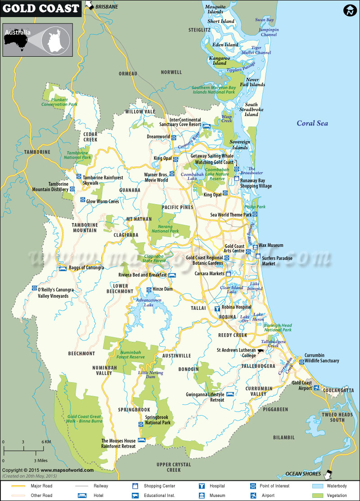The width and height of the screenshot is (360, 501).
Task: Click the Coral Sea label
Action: (312, 123)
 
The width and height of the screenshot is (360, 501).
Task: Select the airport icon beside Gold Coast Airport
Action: (317, 388)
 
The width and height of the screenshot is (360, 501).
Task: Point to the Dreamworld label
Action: (158, 137)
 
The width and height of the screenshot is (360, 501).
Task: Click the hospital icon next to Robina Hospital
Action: (217, 309)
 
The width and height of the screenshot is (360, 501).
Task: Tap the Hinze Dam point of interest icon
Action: (149, 290)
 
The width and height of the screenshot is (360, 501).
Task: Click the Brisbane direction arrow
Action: (90, 6)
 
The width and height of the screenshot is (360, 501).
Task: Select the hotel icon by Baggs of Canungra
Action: (63, 269)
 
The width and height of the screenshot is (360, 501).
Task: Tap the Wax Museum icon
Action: (255, 246)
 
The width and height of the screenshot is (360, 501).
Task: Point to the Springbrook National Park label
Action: (157, 420)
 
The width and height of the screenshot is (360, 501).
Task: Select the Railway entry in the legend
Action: (100, 486)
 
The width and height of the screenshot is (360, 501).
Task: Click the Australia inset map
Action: (37, 40)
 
